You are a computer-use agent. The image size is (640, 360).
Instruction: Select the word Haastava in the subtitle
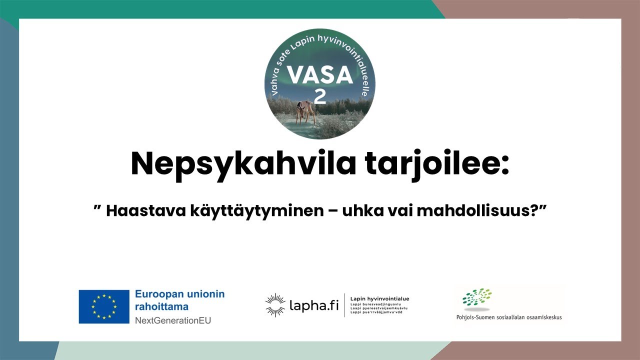coord(145,210)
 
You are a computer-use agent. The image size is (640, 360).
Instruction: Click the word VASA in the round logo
coord(320,75)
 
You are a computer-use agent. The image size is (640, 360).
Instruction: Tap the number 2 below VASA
coord(319,96)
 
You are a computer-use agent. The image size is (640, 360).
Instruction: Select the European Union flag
coord(104,306)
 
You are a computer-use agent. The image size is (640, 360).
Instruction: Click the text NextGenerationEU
coord(173,320)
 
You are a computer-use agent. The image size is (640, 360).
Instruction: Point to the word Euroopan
coord(157,294)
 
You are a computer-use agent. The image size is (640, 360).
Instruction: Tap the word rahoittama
coord(159,306)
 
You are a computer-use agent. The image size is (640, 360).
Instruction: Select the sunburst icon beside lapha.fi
coord(275,305)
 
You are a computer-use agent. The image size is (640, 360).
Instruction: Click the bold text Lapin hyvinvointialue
coord(379,298)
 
